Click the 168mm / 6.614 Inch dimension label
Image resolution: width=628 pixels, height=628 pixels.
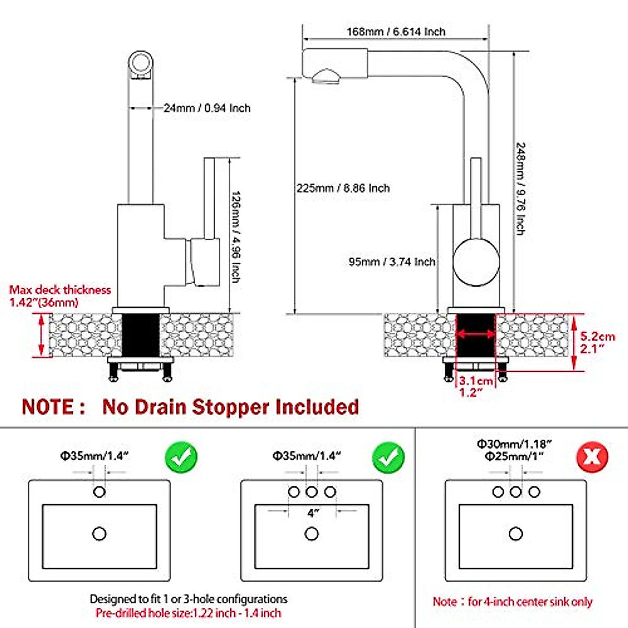point(396,31)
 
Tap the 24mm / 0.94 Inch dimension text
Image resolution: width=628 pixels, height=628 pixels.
point(207,108)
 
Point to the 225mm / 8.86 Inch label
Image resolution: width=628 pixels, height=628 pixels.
point(343,188)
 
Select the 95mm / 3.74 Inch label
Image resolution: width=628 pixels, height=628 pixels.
point(392,262)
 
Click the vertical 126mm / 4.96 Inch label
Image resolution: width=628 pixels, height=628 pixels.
point(235,237)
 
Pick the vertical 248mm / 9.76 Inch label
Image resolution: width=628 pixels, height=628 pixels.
point(520,189)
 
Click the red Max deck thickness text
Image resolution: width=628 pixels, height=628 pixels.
point(60,296)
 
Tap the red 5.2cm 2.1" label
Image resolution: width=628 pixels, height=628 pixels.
point(597,342)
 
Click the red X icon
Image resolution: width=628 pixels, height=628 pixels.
point(592,457)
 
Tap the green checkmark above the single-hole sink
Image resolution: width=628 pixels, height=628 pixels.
point(181,457)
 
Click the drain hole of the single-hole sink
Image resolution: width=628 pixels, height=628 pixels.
point(99,534)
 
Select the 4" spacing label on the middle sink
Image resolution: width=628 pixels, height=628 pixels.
point(312,513)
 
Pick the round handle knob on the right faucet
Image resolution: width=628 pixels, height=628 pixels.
point(476,262)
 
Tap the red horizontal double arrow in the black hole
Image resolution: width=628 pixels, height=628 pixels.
point(476,334)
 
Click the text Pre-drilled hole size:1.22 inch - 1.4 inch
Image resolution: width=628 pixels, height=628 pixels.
point(188,613)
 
